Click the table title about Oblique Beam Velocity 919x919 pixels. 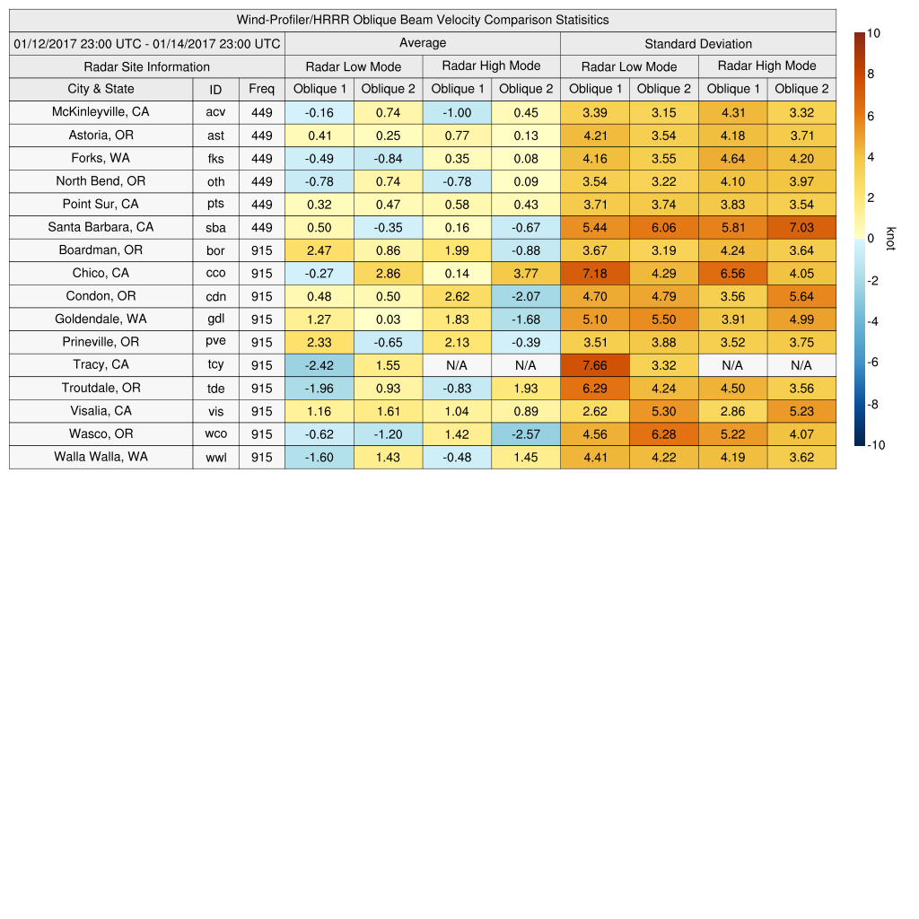tap(423, 20)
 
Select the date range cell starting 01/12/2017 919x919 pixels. tap(147, 43)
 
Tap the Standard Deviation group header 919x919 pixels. tap(698, 43)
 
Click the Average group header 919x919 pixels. tap(423, 43)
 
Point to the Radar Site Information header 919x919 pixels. tap(147, 66)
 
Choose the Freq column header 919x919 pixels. tap(262, 89)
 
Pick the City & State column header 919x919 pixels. tap(101, 89)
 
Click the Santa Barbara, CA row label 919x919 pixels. tap(101, 227)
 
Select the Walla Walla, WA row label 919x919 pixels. tap(101, 457)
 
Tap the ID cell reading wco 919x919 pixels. tap(215, 434)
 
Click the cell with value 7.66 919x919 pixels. tap(595, 365)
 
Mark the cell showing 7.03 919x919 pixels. tap(801, 227)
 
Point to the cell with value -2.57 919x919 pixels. tap(526, 434)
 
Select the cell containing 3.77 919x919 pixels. tap(526, 273)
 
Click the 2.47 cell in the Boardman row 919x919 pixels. tap(319, 250)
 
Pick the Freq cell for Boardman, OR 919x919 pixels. tap(262, 250)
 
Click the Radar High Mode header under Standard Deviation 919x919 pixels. tap(767, 66)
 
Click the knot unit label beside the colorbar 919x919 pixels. tap(890, 239)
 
